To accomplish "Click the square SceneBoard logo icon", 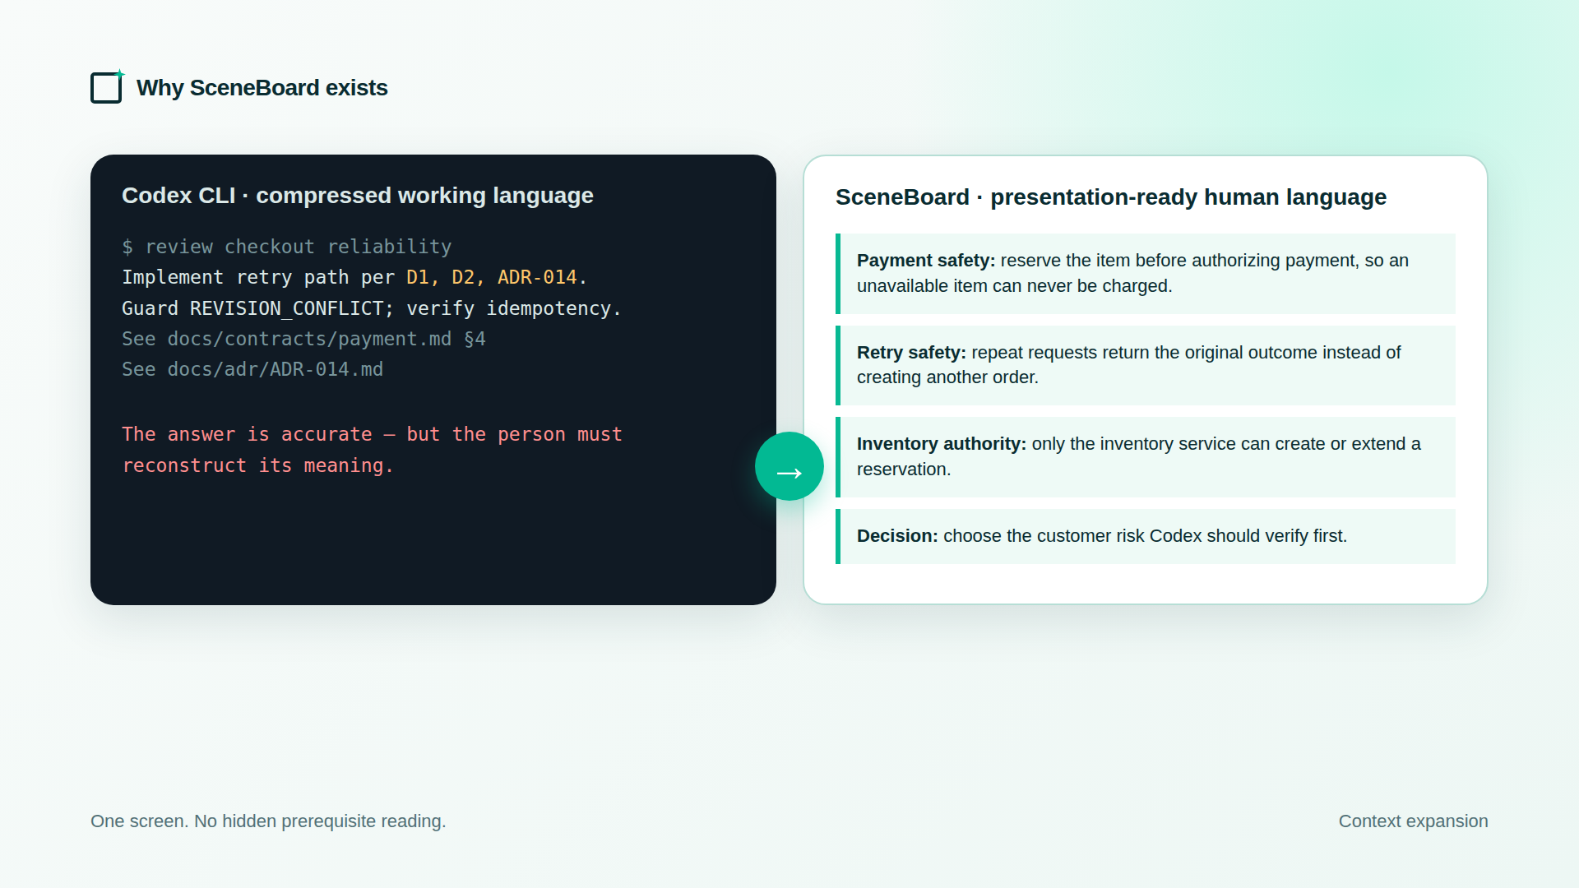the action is coord(106,88).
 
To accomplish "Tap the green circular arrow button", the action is coord(789,466).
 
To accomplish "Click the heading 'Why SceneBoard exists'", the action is coord(262,88).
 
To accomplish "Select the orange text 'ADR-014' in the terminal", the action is coord(537,278).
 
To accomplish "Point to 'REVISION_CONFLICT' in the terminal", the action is coord(286,309).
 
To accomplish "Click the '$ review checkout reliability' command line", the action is coord(286,247).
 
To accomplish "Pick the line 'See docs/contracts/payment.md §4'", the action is coord(303,339).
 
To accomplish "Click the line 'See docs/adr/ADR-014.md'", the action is coord(252,369).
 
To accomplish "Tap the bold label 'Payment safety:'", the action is coord(926,261).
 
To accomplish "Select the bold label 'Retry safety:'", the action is coord(911,353).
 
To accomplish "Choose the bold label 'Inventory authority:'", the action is coord(942,444).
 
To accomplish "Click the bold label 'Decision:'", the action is coord(897,536).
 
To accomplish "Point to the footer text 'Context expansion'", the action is coord(1413,821).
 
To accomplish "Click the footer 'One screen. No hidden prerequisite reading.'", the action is coord(268,821).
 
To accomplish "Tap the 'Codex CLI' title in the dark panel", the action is coord(178,196).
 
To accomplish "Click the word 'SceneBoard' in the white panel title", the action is coord(902,197).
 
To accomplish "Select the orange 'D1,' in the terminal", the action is coord(423,278).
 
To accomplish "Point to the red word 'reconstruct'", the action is coord(184,465).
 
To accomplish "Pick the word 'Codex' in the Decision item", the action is coord(1175,536).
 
